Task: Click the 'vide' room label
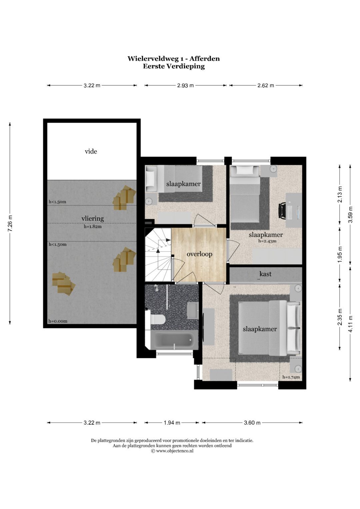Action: (x=91, y=151)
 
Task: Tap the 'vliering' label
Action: (x=93, y=219)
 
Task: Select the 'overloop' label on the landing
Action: (x=200, y=254)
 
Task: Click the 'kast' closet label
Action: (x=265, y=274)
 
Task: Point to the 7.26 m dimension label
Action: (x=10, y=223)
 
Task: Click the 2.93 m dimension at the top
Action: (x=185, y=85)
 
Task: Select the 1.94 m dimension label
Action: (x=172, y=423)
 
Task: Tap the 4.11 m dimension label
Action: (x=350, y=324)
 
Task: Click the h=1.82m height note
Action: (x=93, y=227)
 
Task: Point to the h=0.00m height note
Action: (x=58, y=321)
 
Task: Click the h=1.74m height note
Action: (x=291, y=377)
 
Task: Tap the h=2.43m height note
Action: (x=267, y=241)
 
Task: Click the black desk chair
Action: (x=282, y=211)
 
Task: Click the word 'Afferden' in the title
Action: (x=205, y=59)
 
